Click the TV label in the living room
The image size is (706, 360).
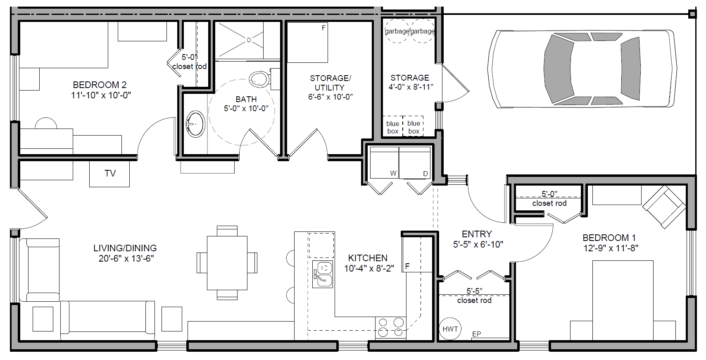[110, 174]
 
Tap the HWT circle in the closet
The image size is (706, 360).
[450, 329]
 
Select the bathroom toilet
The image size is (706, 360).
[259, 79]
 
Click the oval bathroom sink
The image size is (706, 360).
[195, 124]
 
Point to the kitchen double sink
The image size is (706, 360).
[323, 274]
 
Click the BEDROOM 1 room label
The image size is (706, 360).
[609, 238]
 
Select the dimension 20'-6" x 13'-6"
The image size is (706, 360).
[126, 259]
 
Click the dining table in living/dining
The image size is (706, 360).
[227, 262]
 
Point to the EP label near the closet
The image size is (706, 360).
[476, 334]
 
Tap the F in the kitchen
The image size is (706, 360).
[407, 267]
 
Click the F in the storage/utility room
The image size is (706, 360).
[323, 28]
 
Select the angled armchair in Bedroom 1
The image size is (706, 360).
[664, 207]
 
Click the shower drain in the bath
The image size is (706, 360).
[249, 40]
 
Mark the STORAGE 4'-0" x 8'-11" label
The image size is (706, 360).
[410, 82]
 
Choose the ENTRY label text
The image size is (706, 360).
[476, 234]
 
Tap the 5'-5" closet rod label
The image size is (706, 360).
[474, 296]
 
